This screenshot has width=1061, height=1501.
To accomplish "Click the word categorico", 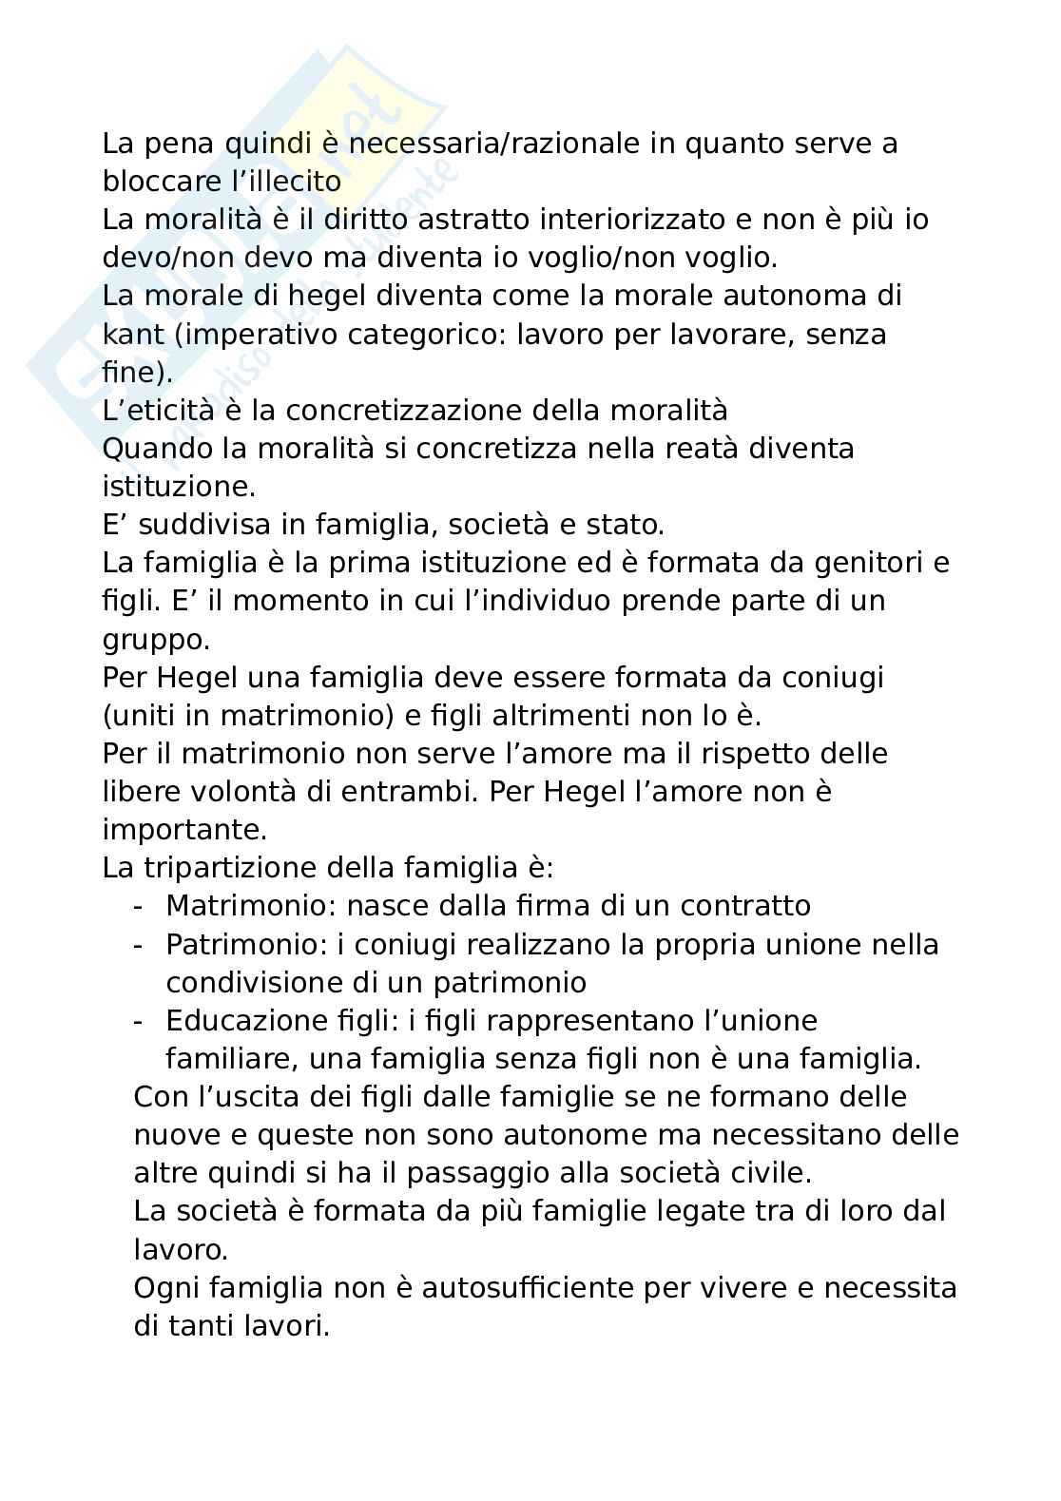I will (x=420, y=335).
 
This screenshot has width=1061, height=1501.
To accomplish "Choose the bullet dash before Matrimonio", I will (x=139, y=906).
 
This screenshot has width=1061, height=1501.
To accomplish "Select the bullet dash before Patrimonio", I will (x=139, y=945).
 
